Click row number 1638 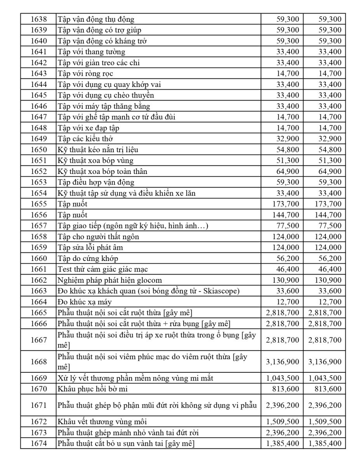[38, 19]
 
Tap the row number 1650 [38, 150]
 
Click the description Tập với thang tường [91, 52]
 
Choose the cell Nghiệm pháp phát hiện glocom [110, 280]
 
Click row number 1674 [38, 443]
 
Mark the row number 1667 [38, 340]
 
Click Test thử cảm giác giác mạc [103, 269]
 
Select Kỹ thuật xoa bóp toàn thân [103, 171]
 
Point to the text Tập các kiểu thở [85, 139]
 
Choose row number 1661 [38, 269]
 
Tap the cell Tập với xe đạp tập [89, 128]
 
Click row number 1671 [38, 405]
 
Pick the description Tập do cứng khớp [88, 258]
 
